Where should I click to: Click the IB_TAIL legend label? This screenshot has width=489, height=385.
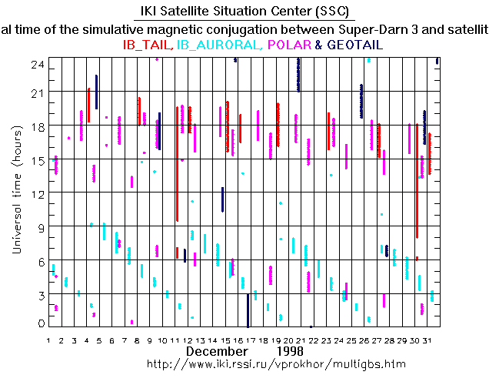[148, 45]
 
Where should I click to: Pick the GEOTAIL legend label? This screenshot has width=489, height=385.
[354, 45]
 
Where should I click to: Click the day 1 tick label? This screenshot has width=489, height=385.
[48, 340]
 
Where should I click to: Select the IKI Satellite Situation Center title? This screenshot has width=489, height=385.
[244, 12]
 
